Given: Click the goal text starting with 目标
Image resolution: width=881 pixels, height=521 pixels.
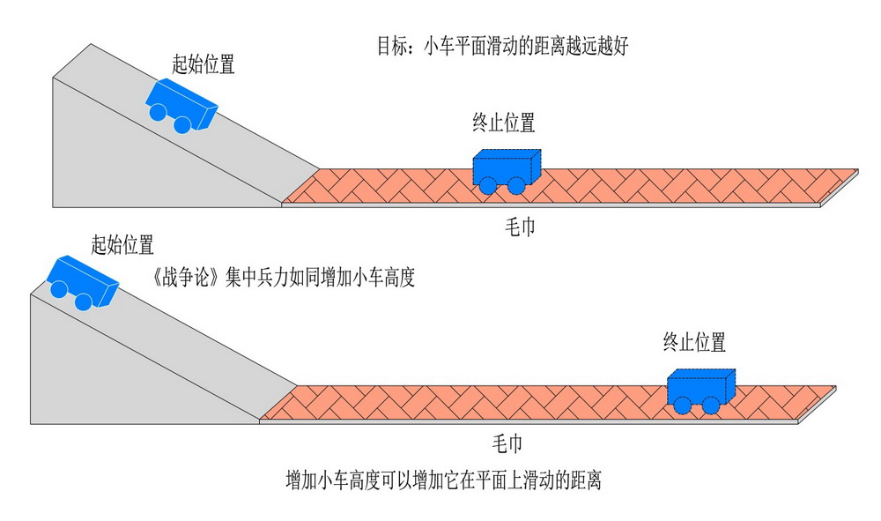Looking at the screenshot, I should [501, 47].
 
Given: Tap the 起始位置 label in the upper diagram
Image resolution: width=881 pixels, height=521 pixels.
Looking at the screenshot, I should [204, 64].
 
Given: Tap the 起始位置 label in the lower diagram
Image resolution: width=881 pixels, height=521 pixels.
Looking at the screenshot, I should [122, 244].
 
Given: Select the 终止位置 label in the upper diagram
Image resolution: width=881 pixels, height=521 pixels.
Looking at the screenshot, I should [504, 123].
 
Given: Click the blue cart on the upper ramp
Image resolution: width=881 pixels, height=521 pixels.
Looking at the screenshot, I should [181, 105].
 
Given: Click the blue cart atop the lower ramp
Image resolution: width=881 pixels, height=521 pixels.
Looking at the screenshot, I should [80, 282].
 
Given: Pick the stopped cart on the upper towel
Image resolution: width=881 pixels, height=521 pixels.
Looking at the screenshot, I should [506, 169].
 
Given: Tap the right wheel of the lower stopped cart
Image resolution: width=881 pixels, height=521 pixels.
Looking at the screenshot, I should [709, 405].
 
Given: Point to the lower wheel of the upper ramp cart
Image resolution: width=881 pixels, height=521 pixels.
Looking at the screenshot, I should [181, 124].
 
